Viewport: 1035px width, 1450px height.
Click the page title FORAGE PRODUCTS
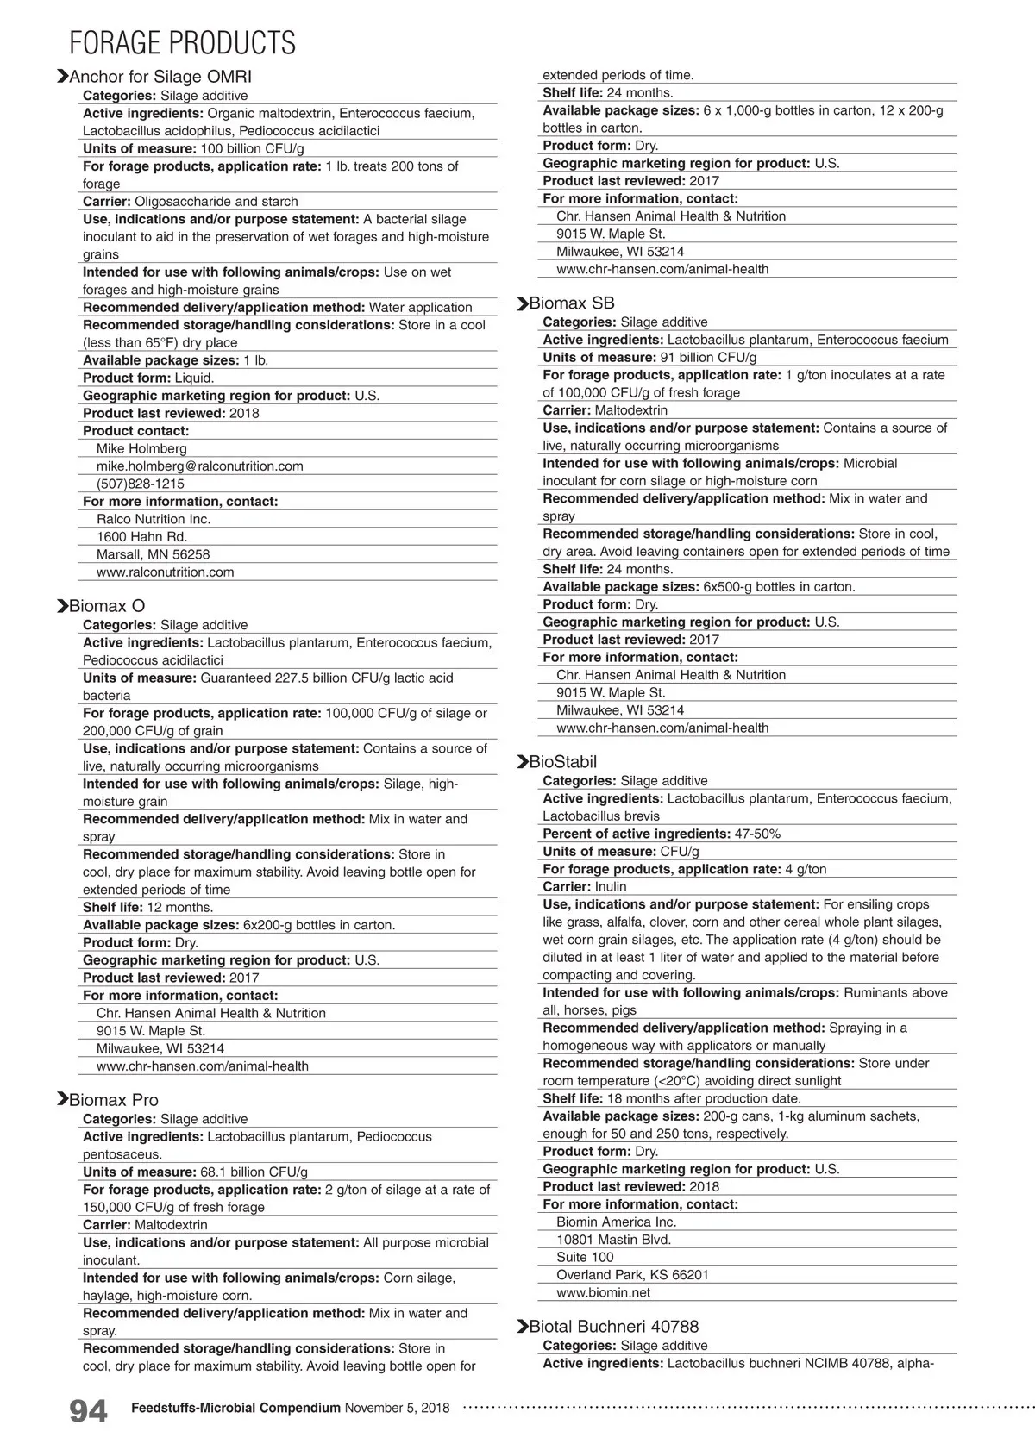click(x=182, y=42)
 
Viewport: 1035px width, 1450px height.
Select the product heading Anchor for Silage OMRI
click(x=160, y=77)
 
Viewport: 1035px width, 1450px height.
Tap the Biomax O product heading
click(x=107, y=606)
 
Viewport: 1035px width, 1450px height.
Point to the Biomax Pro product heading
click(x=114, y=1100)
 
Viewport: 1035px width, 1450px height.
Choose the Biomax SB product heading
click(x=572, y=303)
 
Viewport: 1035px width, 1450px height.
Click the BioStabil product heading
click(x=563, y=762)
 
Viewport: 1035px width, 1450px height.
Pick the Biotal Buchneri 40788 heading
click(x=614, y=1327)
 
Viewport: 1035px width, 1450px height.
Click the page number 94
click(x=88, y=1411)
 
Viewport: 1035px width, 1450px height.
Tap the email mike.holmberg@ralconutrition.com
click(x=200, y=466)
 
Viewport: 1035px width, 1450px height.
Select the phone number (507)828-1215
click(x=141, y=484)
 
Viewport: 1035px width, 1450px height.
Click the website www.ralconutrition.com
click(x=166, y=572)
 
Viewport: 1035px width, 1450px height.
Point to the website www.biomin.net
click(x=604, y=1292)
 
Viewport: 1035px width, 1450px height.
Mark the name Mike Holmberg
click(x=141, y=448)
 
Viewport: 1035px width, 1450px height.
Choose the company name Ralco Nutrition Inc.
click(x=154, y=519)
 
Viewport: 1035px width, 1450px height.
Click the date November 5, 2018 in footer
click(x=397, y=1408)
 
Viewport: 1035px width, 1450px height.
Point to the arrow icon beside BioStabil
click(x=522, y=762)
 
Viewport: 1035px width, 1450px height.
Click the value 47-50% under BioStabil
click(x=757, y=834)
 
